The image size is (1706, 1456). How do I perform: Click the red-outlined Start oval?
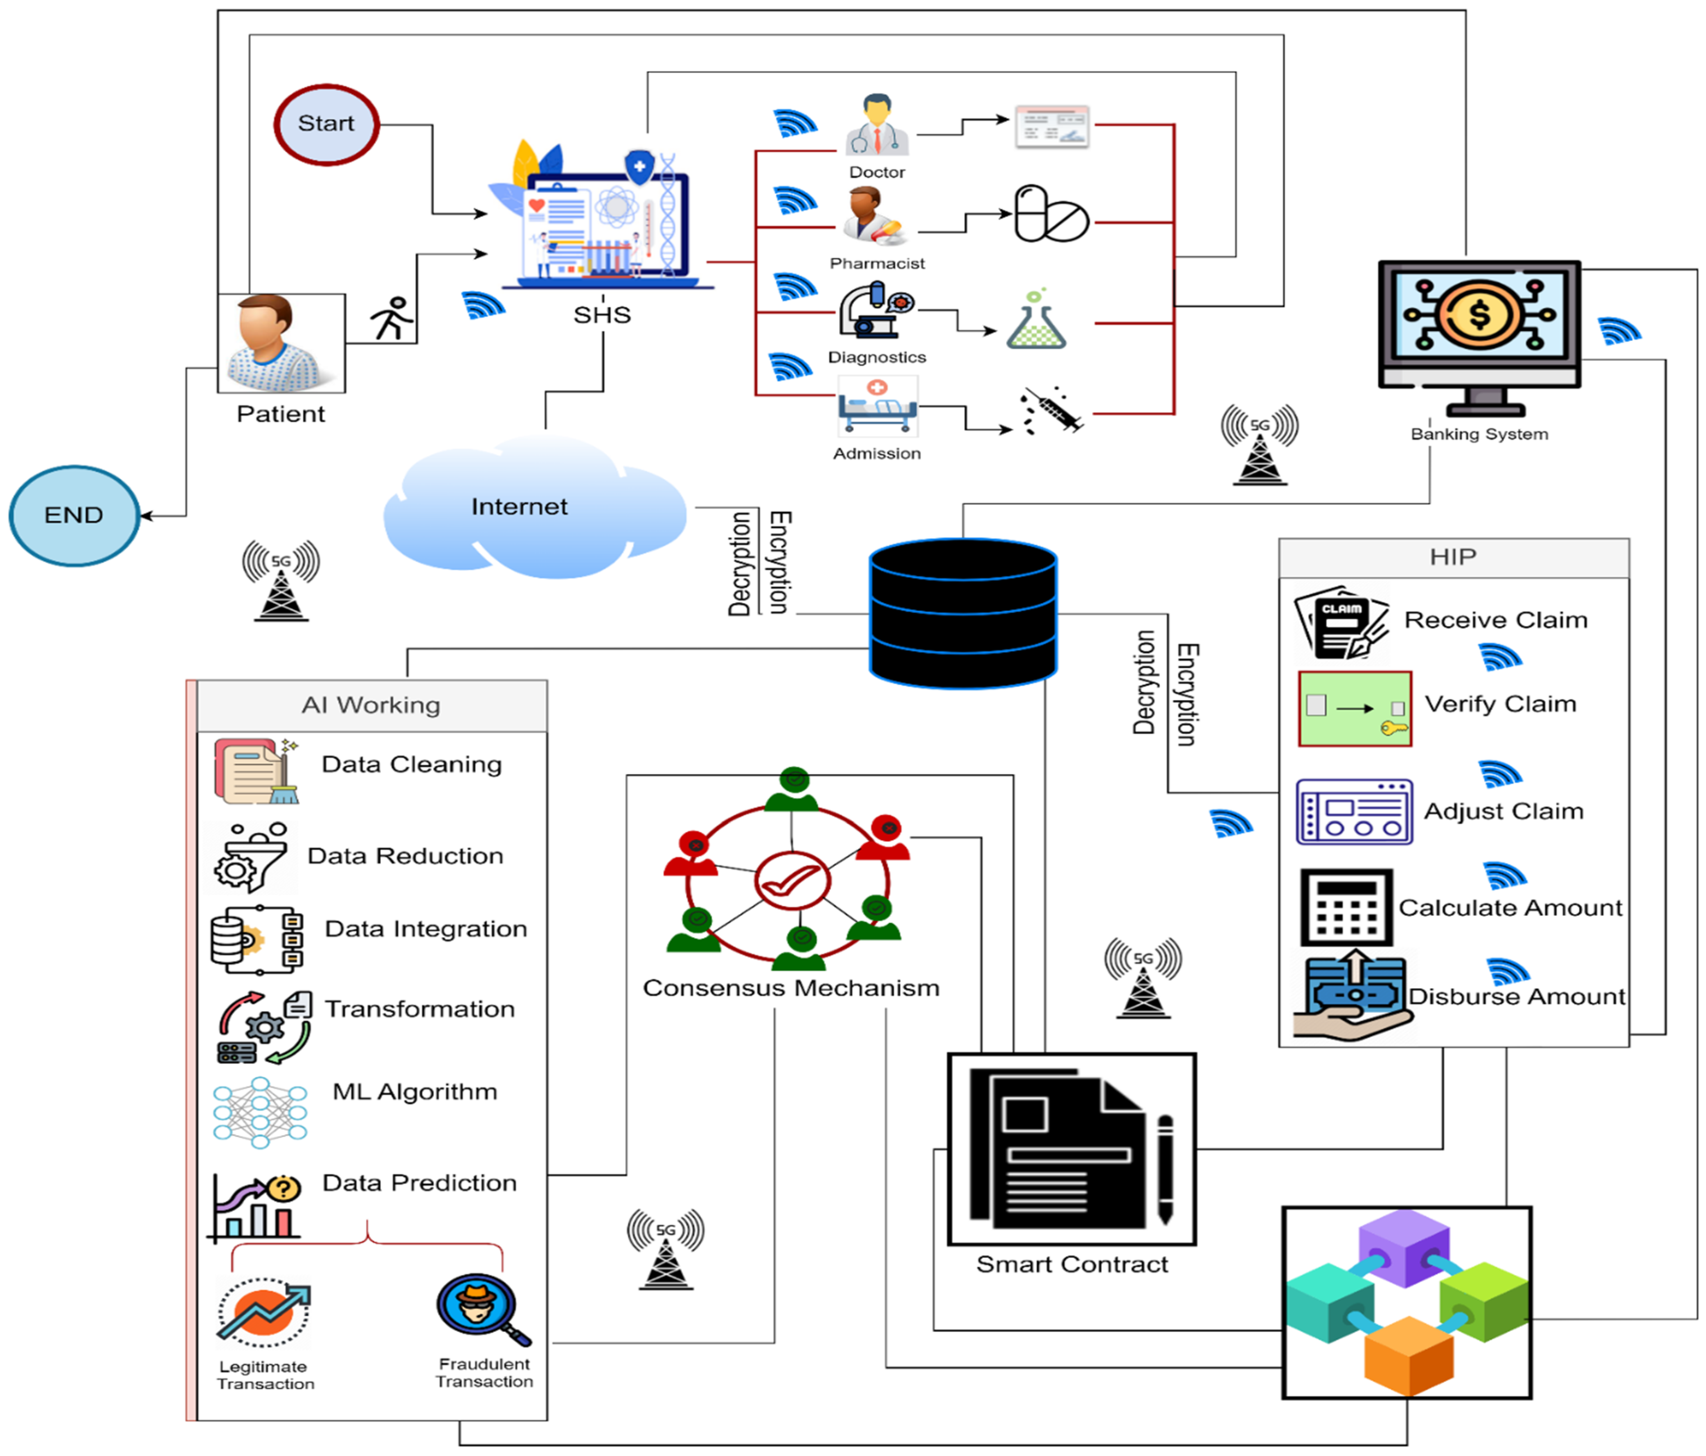coord(326,124)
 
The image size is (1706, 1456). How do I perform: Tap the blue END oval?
coord(74,515)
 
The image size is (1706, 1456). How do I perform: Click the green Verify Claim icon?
coord(1355,708)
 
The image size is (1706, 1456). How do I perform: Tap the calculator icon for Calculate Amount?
coord(1346,907)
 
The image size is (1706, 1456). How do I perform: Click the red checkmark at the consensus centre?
coord(791,881)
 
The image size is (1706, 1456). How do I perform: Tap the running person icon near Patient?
coord(392,319)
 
